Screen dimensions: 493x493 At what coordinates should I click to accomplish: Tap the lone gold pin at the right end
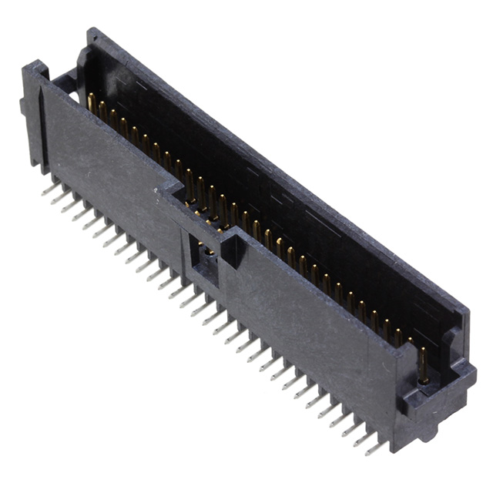[x=423, y=365]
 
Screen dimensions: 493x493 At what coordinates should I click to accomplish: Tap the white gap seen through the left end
[x=72, y=96]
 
